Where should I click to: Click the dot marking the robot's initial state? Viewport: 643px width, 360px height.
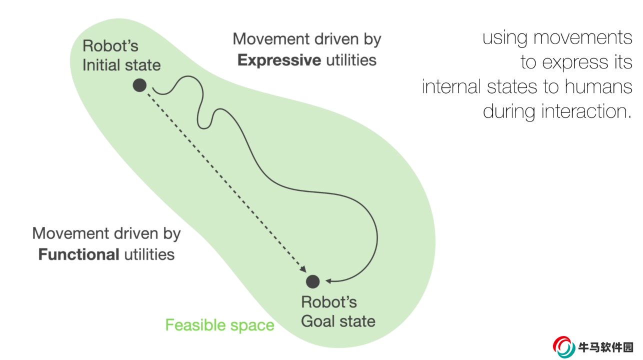139,85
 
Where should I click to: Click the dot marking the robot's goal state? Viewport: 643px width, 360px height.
313,281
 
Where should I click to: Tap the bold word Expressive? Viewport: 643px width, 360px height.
279,60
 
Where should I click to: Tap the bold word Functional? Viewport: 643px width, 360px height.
78,254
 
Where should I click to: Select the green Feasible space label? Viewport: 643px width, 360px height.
219,325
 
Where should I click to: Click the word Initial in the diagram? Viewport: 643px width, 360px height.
99,65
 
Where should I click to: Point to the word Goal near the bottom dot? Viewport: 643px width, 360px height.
317,320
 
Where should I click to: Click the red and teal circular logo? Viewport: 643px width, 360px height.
564,347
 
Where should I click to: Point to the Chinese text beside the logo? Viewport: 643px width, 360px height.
606,347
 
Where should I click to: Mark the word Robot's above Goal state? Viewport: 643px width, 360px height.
329,302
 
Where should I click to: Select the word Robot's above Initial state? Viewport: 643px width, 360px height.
110,46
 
